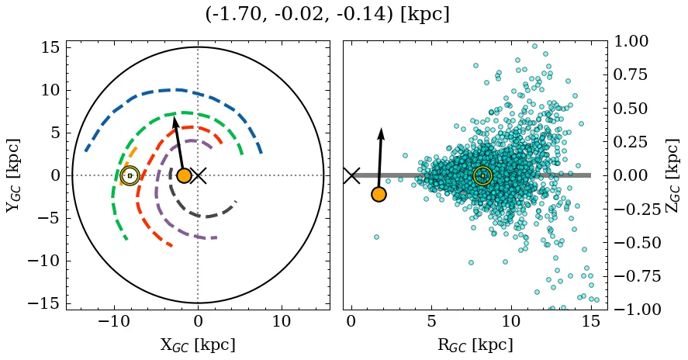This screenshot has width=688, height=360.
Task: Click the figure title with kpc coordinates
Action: (327, 15)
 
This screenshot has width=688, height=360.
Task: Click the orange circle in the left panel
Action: (184, 176)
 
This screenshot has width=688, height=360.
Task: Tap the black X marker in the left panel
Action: (199, 175)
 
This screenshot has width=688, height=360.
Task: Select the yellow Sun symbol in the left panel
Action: (130, 176)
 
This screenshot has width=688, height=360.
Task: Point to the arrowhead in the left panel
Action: (175, 121)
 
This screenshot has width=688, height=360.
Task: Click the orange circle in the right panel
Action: (379, 194)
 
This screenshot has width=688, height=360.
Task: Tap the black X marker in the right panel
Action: (352, 175)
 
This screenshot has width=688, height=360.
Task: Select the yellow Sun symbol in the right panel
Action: (482, 176)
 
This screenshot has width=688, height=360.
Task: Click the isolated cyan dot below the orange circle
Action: (376, 237)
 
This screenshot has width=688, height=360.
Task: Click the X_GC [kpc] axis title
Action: (198, 344)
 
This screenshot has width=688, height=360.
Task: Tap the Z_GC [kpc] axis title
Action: (672, 175)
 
